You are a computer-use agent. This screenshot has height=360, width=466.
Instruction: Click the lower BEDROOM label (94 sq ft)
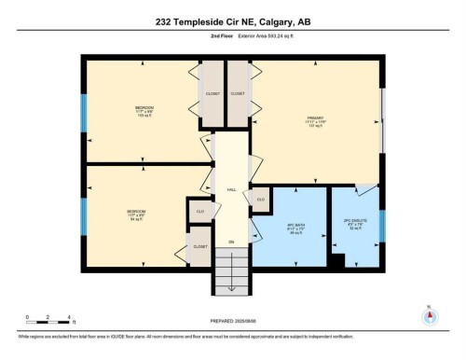coord(136,214)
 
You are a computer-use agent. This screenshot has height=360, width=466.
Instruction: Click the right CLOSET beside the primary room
coord(238,94)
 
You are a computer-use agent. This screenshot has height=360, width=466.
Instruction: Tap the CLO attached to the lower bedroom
coord(199,213)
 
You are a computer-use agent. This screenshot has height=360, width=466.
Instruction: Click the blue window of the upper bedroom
coord(84,113)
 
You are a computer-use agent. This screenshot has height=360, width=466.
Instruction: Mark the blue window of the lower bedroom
coord(84,213)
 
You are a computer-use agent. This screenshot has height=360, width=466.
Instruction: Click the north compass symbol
coord(430,314)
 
